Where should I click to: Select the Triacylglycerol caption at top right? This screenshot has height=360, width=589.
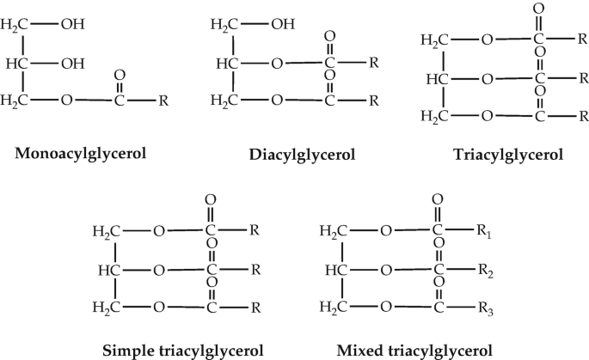pyautogui.click(x=508, y=155)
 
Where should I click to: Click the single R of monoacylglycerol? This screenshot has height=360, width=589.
pyautogui.click(x=164, y=101)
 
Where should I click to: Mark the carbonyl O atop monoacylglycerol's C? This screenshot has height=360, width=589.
pyautogui.click(x=120, y=76)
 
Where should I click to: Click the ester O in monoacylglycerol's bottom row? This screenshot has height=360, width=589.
pyautogui.click(x=67, y=101)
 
